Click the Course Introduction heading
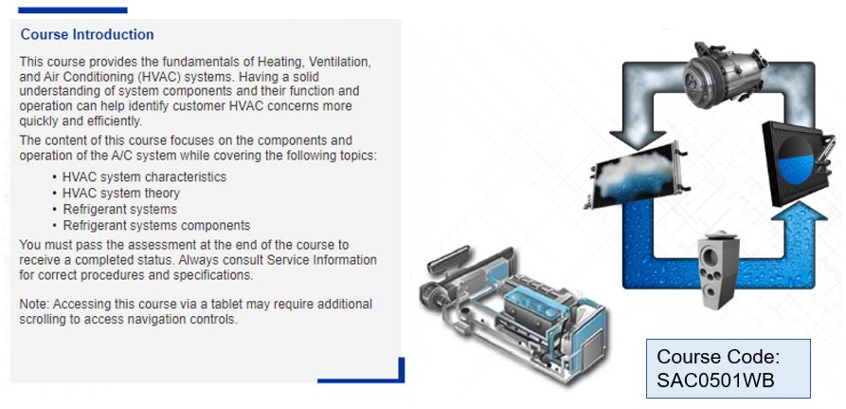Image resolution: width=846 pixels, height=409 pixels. pos(87,34)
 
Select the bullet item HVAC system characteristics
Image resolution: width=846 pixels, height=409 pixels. pos(145,177)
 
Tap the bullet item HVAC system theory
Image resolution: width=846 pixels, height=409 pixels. pos(121,193)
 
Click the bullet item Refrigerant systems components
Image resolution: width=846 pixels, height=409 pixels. pos(156,225)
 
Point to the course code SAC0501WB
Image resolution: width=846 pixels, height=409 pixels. pos(715,381)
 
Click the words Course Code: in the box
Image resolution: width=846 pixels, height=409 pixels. pos(719,357)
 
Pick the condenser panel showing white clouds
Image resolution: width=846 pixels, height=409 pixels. pos(638,177)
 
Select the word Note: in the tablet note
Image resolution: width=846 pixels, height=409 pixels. pos(34,304)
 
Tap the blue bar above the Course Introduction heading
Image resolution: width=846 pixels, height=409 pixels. pos(73,10)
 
